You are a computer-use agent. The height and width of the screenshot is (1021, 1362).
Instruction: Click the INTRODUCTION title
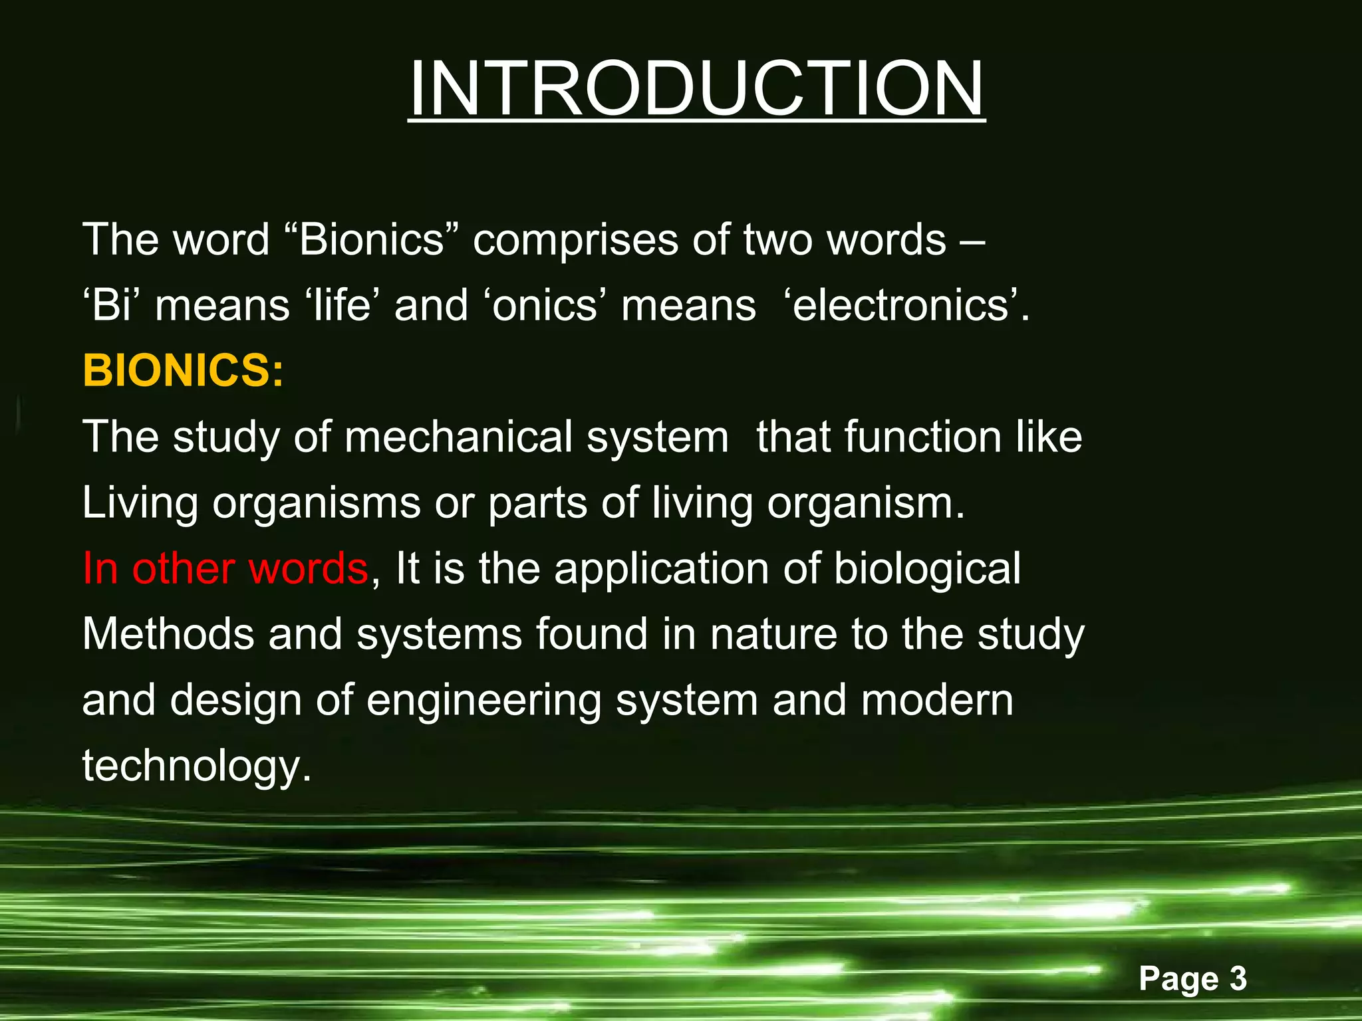coord(696,89)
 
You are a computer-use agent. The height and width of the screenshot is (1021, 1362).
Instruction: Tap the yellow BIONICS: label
coord(183,370)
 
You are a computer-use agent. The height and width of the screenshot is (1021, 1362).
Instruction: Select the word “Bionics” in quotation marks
coord(371,239)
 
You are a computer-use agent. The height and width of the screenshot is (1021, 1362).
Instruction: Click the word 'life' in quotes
coord(341,306)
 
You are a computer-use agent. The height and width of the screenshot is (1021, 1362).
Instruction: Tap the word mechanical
coord(460,437)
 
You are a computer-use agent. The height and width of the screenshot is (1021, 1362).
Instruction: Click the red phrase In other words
coord(225,569)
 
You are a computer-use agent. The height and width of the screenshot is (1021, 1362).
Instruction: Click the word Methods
coord(168,634)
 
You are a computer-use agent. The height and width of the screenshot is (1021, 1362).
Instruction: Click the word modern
coord(937,701)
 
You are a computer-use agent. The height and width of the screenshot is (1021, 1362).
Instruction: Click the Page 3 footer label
coord(1192,978)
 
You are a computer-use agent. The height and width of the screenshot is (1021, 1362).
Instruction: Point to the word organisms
coord(317,504)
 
